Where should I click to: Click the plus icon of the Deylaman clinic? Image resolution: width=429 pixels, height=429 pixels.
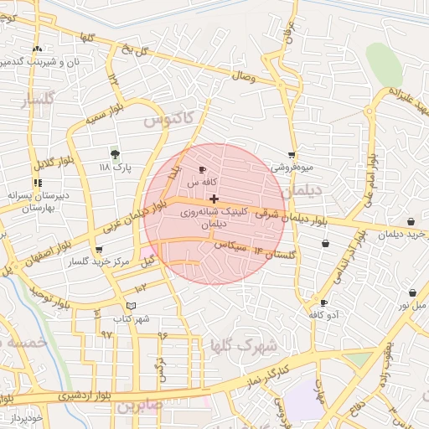(x=215, y=199)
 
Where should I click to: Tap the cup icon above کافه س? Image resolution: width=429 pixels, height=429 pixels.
(x=202, y=170)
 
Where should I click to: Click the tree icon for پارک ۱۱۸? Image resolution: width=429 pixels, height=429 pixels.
(x=115, y=154)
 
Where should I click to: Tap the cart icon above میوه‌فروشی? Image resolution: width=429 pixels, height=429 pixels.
(x=292, y=154)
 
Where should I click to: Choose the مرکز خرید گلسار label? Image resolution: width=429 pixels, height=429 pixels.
(x=100, y=262)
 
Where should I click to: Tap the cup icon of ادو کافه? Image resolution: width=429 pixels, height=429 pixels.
(x=323, y=302)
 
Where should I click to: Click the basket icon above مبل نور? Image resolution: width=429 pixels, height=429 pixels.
(x=412, y=293)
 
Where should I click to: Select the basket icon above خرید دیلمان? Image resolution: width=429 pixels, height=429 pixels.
(x=412, y=222)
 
